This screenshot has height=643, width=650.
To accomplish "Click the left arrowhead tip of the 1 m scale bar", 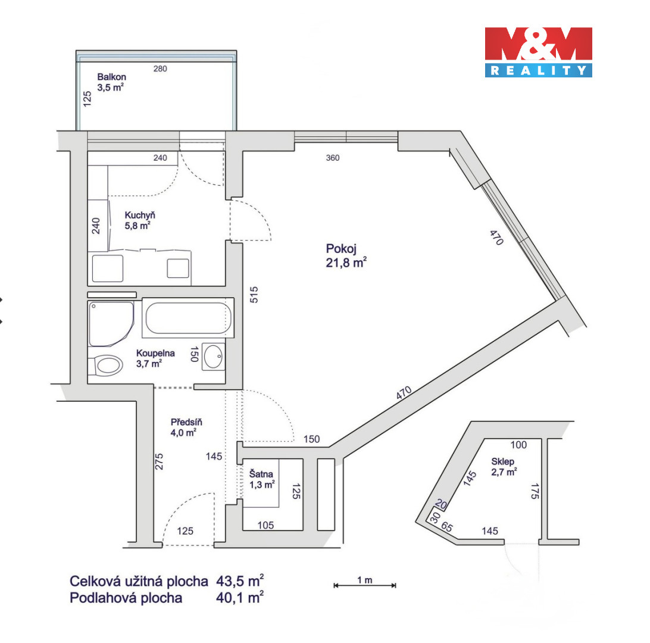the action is pos(334,585).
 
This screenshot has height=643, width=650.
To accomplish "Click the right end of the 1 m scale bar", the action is pos(396,585).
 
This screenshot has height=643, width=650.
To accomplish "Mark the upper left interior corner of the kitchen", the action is pos(88,151).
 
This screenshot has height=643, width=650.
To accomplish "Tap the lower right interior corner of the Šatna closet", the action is pos(302,530).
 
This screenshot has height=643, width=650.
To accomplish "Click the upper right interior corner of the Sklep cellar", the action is pos(542,439).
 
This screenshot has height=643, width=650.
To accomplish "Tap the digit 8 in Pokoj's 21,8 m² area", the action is pos(345,263).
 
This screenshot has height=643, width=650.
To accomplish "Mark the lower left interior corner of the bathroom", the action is pos(88,383).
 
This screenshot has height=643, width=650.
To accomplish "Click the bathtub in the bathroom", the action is pos(188,317).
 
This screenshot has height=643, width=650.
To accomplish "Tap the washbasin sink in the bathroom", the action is pos(214,357).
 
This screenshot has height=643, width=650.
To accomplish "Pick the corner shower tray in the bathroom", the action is pos(111,323).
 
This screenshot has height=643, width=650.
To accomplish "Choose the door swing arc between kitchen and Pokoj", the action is pos(251,220).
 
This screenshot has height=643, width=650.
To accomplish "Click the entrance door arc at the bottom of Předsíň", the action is pos(189,519).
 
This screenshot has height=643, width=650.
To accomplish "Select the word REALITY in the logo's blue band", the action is pos(539,70).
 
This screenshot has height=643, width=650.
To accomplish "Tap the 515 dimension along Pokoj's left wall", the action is pos(254,295).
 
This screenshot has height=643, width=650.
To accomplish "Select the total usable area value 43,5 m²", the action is pos(240,581).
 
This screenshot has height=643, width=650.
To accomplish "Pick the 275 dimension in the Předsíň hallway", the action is pos(159,461).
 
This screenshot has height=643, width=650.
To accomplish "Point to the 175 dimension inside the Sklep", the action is pos(535,491).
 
